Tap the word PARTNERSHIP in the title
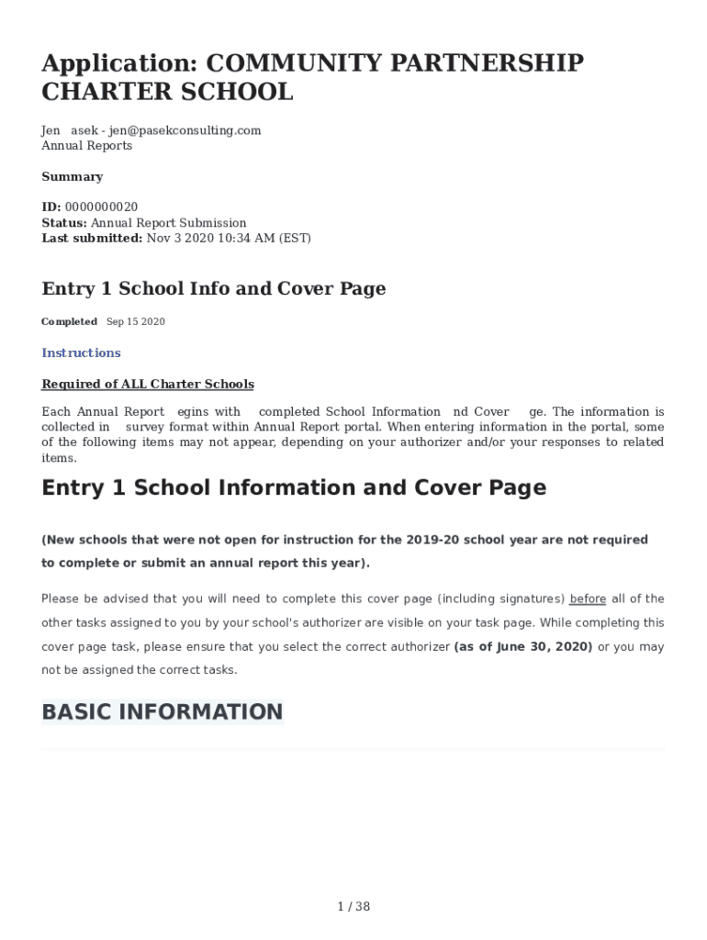tap(486, 63)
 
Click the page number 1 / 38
tap(353, 907)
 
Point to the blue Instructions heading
tap(81, 353)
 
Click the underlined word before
tap(588, 599)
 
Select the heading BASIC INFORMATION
tap(163, 712)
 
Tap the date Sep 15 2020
tap(136, 322)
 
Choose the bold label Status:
tap(64, 223)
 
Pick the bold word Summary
tap(72, 177)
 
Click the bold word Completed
tap(69, 322)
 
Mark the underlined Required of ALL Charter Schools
tap(148, 385)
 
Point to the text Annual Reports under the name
tap(86, 146)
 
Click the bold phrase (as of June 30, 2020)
tap(523, 647)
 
